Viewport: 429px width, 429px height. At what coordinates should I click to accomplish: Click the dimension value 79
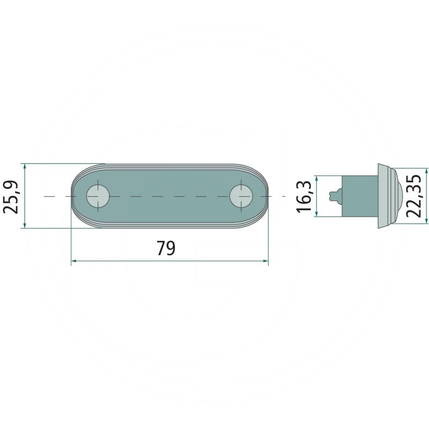(166, 248)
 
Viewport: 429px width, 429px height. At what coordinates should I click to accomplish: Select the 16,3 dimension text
(304, 196)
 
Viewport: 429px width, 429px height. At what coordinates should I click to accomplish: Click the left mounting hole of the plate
(98, 196)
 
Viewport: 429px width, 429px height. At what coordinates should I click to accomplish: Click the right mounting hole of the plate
(242, 196)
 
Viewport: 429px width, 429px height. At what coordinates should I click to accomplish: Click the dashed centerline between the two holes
(169, 197)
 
